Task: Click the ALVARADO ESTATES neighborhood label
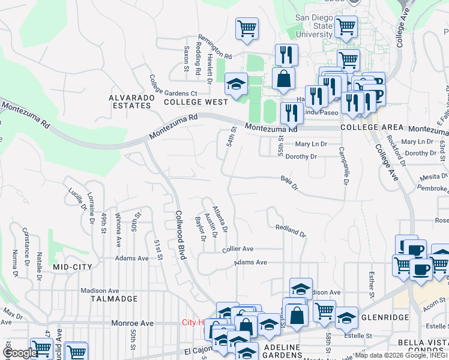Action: (x=130, y=101)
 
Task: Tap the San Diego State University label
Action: (x=313, y=26)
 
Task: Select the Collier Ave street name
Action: (x=238, y=248)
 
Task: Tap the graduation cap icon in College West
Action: (x=236, y=84)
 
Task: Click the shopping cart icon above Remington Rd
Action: (x=247, y=28)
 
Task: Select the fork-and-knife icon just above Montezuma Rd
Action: (x=291, y=112)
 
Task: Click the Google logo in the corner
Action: (x=20, y=353)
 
